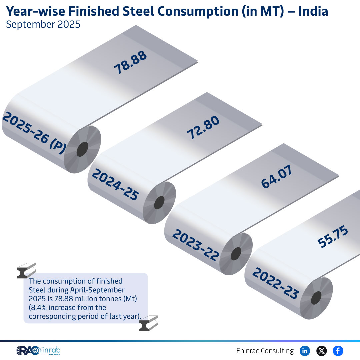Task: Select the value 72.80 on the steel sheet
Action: click(203, 128)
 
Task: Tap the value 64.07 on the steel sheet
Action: click(276, 177)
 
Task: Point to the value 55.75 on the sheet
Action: click(333, 237)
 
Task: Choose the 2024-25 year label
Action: click(115, 184)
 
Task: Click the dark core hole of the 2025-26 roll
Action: click(82, 149)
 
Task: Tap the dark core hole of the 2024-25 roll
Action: click(159, 203)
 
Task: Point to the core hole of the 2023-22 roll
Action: click(236, 254)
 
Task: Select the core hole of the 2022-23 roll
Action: click(316, 298)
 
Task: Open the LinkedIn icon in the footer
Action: click(305, 351)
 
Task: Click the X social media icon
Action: click(321, 351)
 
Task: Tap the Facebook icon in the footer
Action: click(338, 351)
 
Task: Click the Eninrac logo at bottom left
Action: click(38, 351)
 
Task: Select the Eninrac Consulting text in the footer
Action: click(265, 351)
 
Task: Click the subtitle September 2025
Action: click(43, 25)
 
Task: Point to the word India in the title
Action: click(313, 11)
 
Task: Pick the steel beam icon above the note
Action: click(26, 271)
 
